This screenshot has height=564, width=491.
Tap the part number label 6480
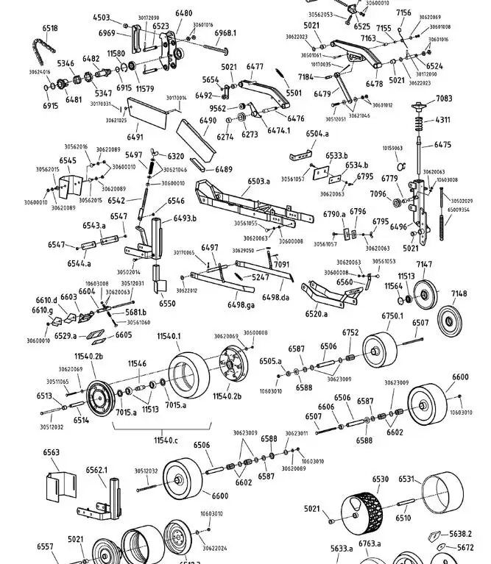(x=183, y=13)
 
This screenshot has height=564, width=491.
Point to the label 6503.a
(x=258, y=180)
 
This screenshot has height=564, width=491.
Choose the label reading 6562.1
(x=96, y=470)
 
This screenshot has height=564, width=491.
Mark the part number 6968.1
(x=225, y=33)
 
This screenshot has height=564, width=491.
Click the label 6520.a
(x=317, y=314)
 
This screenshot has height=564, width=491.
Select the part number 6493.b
(x=185, y=218)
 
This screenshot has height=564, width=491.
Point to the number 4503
(x=101, y=18)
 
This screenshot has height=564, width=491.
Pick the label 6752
(x=350, y=332)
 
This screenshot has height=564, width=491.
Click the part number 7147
(x=425, y=264)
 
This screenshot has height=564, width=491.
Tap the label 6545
(x=68, y=160)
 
